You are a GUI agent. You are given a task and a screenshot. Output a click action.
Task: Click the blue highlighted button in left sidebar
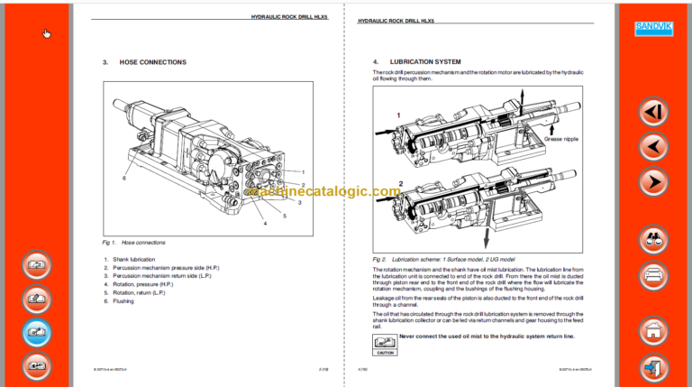coord(36,332)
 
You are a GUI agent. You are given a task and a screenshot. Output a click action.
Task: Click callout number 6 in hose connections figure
coord(124,178)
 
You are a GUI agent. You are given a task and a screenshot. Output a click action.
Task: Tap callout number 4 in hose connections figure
coord(265,223)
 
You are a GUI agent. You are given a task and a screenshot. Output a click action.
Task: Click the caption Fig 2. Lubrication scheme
coord(442,259)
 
